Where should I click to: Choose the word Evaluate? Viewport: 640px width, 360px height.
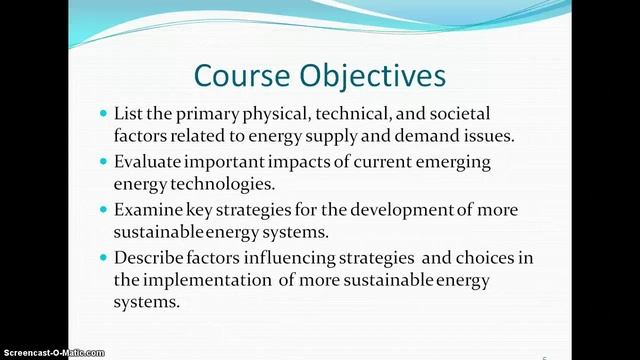click(x=153, y=162)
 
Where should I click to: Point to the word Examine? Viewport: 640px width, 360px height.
click(x=151, y=210)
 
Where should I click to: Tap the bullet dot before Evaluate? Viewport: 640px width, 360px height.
click(x=104, y=162)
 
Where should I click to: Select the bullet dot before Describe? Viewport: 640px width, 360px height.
click(x=104, y=258)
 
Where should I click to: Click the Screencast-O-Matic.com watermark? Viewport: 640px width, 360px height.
click(x=52, y=353)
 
